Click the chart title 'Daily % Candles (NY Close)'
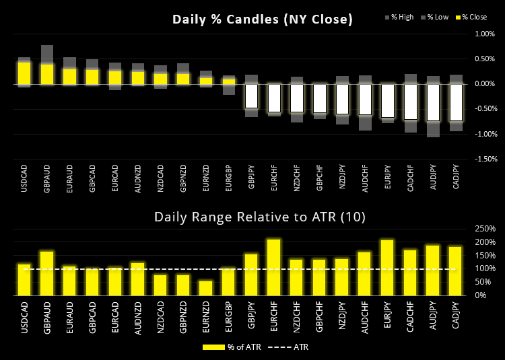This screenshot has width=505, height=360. [263, 20]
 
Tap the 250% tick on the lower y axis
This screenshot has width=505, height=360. [485, 229]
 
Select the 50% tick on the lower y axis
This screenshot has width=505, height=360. [483, 282]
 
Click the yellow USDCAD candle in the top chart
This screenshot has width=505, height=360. [25, 73]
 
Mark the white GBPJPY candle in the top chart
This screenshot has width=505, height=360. [251, 96]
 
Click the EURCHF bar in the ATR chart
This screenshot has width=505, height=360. [273, 267]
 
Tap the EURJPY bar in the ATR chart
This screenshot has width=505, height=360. [387, 268]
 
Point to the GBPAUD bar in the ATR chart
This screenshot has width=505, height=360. [47, 273]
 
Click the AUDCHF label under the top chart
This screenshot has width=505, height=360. [365, 178]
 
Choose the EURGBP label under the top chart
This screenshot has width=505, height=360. [229, 178]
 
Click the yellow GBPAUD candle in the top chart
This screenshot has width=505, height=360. [47, 74]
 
